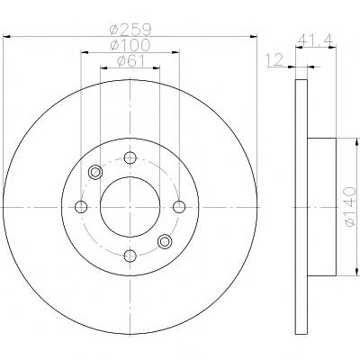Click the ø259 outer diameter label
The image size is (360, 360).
coord(130,29)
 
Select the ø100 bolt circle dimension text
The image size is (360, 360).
coord(130,45)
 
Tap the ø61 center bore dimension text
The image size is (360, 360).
coord(130,61)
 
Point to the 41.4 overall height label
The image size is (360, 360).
coord(316,40)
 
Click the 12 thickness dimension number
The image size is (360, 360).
coord(274,59)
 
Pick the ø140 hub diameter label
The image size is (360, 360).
coord(350,206)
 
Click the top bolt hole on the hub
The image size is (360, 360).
coord(130,157)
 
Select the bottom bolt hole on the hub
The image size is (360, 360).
coord(130,256)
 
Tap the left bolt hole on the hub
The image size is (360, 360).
coord(81,207)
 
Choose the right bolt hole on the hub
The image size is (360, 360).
coord(179,207)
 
